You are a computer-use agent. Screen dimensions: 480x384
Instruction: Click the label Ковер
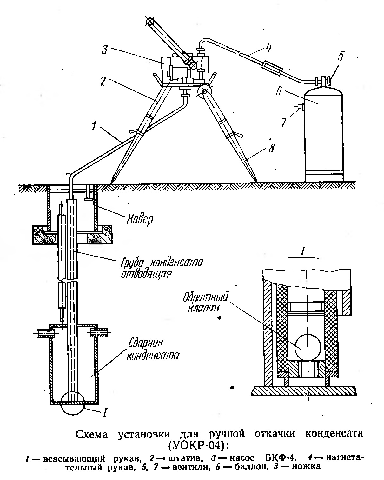tap(140, 219)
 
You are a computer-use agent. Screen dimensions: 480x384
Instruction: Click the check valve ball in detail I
tap(307, 347)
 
